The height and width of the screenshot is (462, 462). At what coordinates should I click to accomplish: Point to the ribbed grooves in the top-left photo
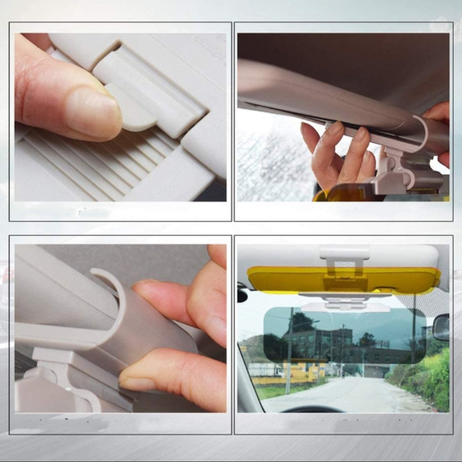(x=117, y=164)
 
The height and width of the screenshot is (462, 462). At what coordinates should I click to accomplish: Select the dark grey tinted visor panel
(x=345, y=337)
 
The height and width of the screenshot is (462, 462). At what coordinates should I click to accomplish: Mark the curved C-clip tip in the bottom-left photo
(x=96, y=272)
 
